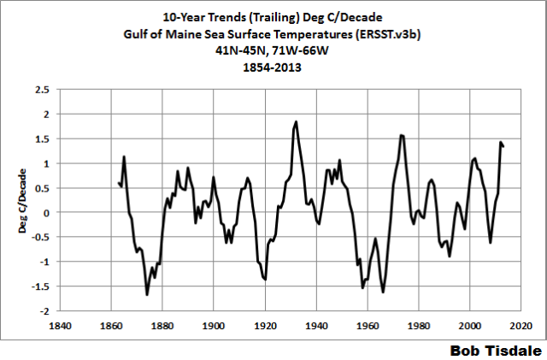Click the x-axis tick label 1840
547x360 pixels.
(x=60, y=326)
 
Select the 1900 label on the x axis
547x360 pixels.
(x=214, y=326)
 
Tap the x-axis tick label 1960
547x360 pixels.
(x=368, y=326)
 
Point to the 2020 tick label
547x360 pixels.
(x=523, y=326)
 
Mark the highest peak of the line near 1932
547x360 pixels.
(x=296, y=122)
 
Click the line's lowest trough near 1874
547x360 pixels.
(x=147, y=295)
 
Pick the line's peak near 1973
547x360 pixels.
(x=402, y=135)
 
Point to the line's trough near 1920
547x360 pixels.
(x=266, y=280)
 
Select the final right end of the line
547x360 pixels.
(x=504, y=146)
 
